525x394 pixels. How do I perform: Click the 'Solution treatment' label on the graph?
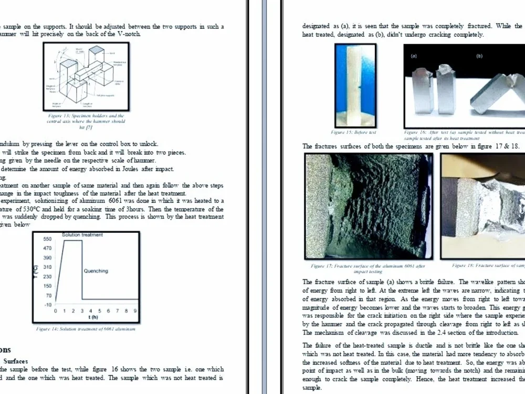click(82, 234)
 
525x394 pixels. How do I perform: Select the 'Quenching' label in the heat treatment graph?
click(96, 271)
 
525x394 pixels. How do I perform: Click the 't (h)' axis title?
click(93, 317)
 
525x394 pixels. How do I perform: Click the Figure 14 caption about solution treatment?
click(86, 329)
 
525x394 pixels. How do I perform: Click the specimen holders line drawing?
click(86, 76)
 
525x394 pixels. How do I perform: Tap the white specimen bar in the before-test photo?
click(355, 84)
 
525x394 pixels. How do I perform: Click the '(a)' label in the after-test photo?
click(414, 55)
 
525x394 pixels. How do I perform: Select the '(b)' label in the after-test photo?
click(479, 55)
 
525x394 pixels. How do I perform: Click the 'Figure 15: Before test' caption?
click(353, 132)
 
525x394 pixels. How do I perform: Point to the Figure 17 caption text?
click(367, 269)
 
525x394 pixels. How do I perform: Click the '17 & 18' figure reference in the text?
click(507, 146)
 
